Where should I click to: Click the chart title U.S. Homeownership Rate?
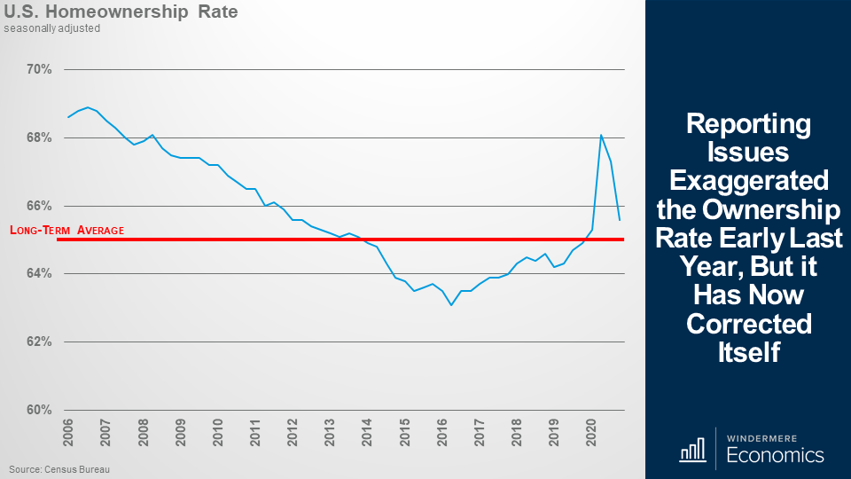click(x=121, y=13)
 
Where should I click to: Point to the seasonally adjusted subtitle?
click(x=51, y=28)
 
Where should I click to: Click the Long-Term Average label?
click(x=66, y=231)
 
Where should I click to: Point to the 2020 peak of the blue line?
click(x=601, y=135)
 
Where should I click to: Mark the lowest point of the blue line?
click(x=451, y=305)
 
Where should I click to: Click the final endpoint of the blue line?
click(x=620, y=220)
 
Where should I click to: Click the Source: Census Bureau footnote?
click(x=60, y=468)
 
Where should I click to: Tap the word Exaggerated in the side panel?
click(x=748, y=180)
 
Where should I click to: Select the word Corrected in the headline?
click(x=748, y=323)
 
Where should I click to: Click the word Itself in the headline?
click(x=748, y=351)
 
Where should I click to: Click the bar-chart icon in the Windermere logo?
click(x=692, y=451)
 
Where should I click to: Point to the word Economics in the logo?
click(x=775, y=456)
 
